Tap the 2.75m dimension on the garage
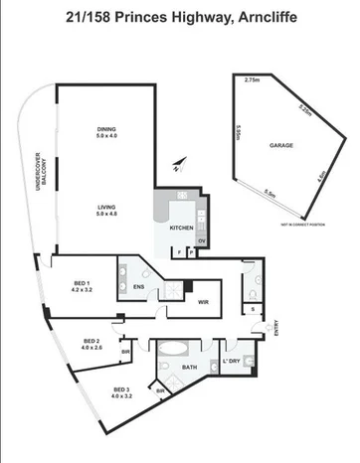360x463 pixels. click(252, 79)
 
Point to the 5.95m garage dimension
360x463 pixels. click(240, 134)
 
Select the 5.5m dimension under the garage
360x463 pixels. click(270, 195)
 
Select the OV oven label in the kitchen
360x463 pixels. click(202, 241)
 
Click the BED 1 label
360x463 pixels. click(83, 284)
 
